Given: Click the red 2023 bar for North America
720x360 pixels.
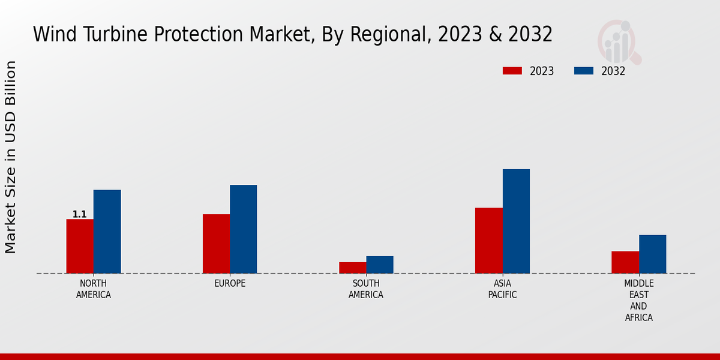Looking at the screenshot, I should pos(80,246).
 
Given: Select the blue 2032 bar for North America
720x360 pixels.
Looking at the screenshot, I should pos(107,232).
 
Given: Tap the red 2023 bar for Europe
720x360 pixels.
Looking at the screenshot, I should pos(216,244).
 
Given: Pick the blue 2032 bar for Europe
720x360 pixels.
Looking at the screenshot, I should pos(243,229).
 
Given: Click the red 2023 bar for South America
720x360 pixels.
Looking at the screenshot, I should pos(352,268).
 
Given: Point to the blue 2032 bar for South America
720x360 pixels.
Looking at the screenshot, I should pos(380,265).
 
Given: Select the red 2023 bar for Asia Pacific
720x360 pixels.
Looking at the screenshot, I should pos(488,241).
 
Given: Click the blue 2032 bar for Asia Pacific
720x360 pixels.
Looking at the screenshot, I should pos(516,221).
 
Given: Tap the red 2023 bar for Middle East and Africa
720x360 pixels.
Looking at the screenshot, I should pos(625,262).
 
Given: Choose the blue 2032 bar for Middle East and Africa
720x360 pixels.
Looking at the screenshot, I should pos(652,254).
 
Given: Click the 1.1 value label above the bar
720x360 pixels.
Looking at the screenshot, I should pos(79,214).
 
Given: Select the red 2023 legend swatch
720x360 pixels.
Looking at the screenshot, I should pos(512,71).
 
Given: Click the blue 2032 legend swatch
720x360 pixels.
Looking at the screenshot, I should pos(583,71).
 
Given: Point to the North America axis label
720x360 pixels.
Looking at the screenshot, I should pos(93,289).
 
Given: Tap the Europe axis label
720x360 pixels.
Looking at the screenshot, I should pos(230,283).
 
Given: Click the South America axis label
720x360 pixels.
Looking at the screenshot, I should pos(366,289).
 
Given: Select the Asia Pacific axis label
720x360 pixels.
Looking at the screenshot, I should pos(502,289).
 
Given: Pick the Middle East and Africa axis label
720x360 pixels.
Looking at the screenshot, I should pos(638,300).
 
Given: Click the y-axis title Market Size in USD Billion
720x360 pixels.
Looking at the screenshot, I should pos(11,157).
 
